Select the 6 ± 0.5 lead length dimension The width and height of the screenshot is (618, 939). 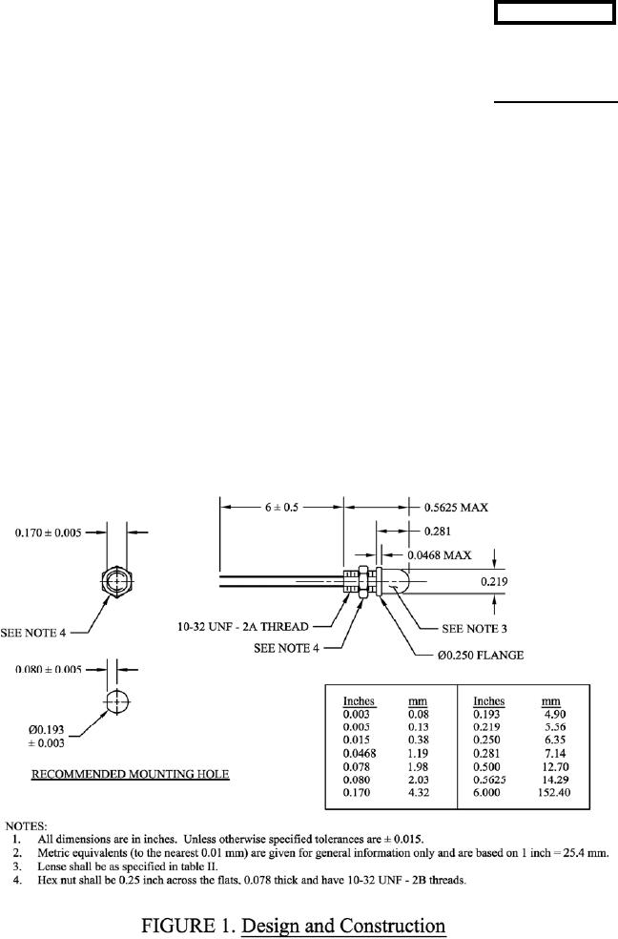281,509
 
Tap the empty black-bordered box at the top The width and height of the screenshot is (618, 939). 554,14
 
